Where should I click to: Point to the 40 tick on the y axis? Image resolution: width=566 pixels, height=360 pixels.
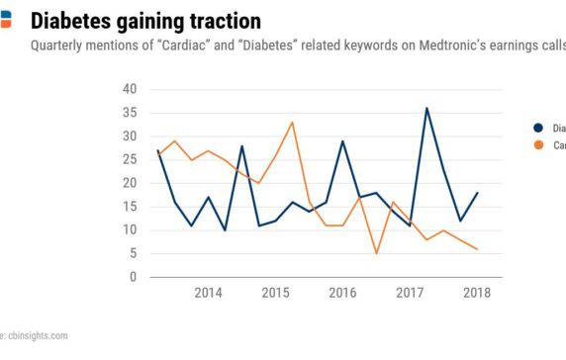pyautogui.click(x=130, y=89)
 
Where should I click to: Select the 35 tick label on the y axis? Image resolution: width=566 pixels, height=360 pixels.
pyautogui.click(x=130, y=113)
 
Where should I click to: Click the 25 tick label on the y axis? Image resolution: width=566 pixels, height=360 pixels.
pyautogui.click(x=130, y=159)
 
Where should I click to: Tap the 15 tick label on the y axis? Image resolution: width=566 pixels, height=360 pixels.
pyautogui.click(x=130, y=207)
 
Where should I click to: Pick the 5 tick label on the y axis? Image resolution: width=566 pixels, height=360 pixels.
pyautogui.click(x=133, y=254)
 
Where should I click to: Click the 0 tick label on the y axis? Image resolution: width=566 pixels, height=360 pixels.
pyautogui.click(x=133, y=278)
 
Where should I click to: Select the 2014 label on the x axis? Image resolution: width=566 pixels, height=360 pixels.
pyautogui.click(x=208, y=294)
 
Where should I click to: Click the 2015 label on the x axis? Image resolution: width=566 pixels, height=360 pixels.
pyautogui.click(x=275, y=294)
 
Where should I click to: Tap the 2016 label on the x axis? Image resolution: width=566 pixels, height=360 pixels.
pyautogui.click(x=342, y=294)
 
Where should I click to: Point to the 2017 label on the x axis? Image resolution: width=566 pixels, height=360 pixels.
pyautogui.click(x=410, y=294)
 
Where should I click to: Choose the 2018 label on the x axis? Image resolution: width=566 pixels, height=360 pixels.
pyautogui.click(x=477, y=294)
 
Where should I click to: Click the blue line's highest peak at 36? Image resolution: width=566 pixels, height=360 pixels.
pyautogui.click(x=426, y=108)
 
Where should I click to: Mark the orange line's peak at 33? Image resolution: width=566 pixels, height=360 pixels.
pyautogui.click(x=292, y=122)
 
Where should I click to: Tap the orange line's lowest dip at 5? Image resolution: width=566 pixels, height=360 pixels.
pyautogui.click(x=376, y=253)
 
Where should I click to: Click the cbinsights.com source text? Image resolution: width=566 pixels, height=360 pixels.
pyautogui.click(x=36, y=335)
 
